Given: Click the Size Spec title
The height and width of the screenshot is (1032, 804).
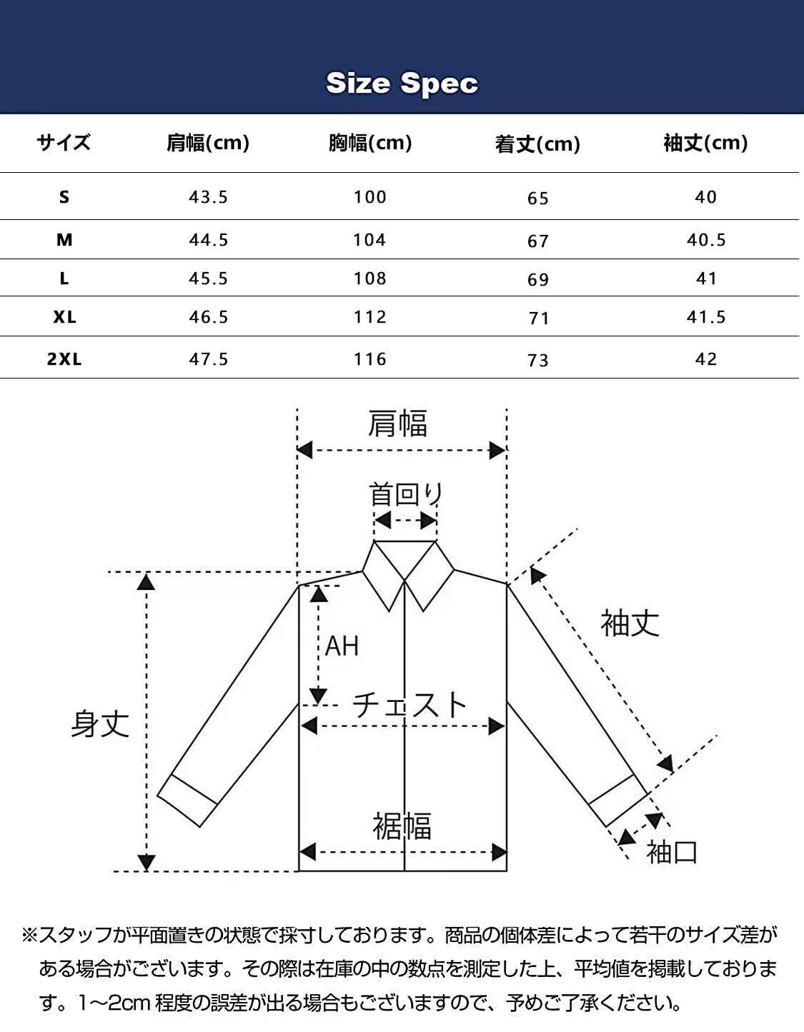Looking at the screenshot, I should pos(402,83).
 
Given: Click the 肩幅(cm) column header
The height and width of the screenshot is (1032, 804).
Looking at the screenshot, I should pos(208,143).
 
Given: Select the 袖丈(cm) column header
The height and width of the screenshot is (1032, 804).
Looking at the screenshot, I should pos(705,143).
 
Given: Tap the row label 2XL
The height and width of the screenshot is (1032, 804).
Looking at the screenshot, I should pos(64,359).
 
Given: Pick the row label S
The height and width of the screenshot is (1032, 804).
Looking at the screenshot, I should pos(64,197).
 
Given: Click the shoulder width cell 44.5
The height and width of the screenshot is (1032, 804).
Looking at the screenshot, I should pos(208,240).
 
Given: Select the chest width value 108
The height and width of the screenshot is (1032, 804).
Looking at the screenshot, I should pos(369,278).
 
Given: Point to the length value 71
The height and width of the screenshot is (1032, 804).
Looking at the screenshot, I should pos(538,318).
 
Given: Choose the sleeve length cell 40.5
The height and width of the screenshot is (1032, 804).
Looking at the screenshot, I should pos(706,240).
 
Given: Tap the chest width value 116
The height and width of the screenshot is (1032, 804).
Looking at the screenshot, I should pos(369,359).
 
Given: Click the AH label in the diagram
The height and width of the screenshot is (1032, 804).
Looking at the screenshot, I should pos(342,646).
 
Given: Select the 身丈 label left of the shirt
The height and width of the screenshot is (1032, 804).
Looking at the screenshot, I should pos(100,723).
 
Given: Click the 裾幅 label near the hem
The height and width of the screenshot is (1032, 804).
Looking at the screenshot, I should pos(402,826).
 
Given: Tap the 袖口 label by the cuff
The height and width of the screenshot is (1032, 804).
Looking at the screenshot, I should pos(671,852).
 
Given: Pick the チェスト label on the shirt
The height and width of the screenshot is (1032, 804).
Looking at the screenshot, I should pos(410,704).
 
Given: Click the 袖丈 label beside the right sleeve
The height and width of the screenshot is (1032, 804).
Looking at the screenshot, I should pos(630,623).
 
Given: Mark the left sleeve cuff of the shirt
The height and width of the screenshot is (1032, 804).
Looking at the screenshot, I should pos(187,800).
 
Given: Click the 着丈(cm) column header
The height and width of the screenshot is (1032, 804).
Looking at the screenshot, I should pos(537,144).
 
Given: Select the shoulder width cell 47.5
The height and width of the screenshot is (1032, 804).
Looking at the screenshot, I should pos(208,359).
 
